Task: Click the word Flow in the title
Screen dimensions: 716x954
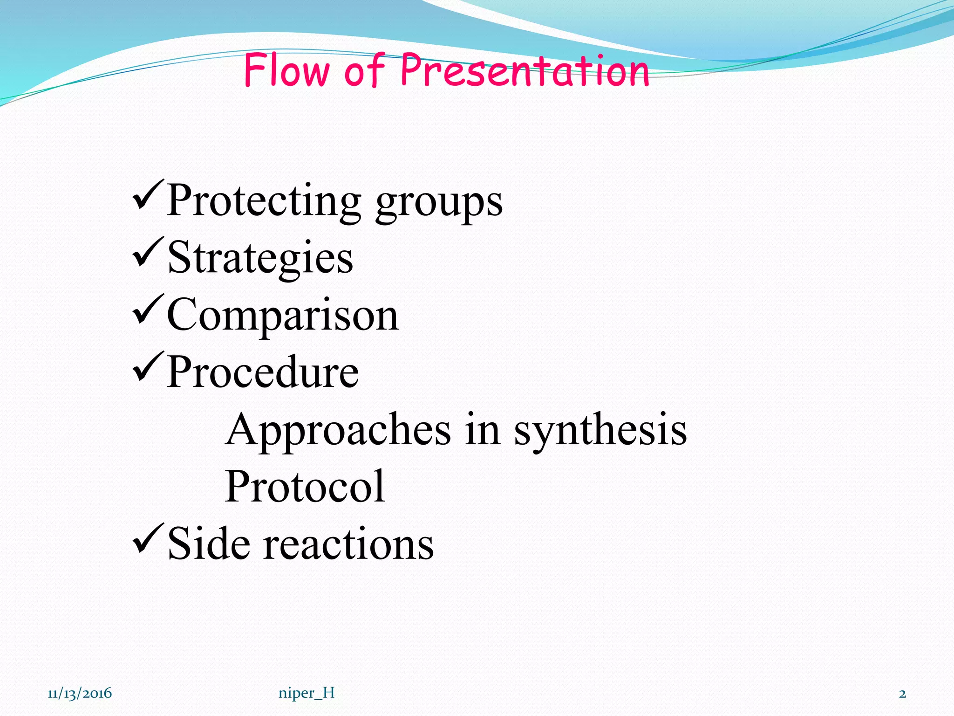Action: click(286, 71)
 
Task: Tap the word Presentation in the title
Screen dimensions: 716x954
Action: click(525, 71)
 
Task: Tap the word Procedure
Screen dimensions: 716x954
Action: click(263, 372)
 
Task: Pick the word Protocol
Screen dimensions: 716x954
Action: click(305, 487)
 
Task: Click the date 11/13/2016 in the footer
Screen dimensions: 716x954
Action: click(80, 694)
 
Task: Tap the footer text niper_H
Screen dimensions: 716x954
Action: click(307, 694)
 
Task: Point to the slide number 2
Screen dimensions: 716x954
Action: click(902, 694)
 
